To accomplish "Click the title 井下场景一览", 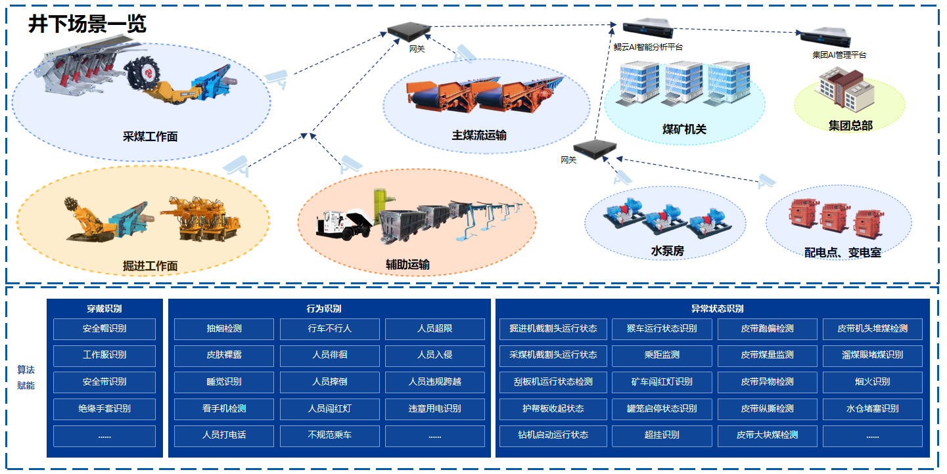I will (87, 24).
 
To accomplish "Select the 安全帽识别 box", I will (104, 328).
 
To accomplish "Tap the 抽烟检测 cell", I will (223, 328).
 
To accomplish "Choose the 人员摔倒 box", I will (329, 381).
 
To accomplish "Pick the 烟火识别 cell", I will (872, 381).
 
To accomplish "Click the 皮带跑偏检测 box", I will (767, 328).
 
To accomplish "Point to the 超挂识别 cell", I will (662, 435).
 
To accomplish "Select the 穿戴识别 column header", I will (104, 309).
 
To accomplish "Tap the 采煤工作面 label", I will (150, 137).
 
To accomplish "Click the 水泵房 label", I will (667, 251).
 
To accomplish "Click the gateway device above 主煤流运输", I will (408, 30).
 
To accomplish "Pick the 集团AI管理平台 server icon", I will (821, 39).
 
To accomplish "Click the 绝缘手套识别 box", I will (104, 408).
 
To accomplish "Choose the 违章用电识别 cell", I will (434, 408).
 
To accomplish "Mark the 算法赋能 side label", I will (26, 377).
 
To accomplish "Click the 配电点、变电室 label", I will (843, 252).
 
